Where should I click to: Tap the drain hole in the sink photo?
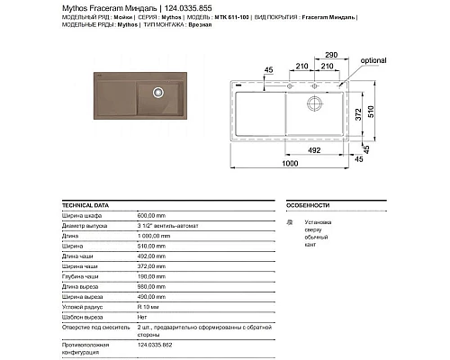(157, 90)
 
